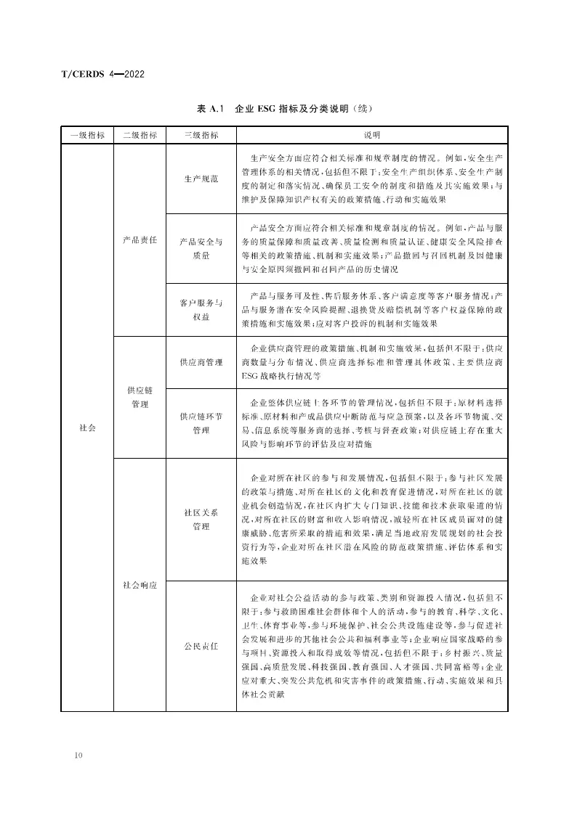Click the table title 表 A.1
click(210, 110)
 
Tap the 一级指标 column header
click(87, 135)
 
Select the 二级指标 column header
click(140, 135)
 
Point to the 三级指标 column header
click(201, 135)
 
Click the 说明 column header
click(372, 135)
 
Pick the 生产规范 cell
click(201, 179)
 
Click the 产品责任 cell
click(140, 240)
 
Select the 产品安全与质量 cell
click(201, 248)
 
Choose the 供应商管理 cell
click(201, 361)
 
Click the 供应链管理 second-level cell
click(140, 397)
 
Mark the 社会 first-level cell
click(87, 428)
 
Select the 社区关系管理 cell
click(201, 520)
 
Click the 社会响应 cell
click(140, 584)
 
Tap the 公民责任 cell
click(201, 645)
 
